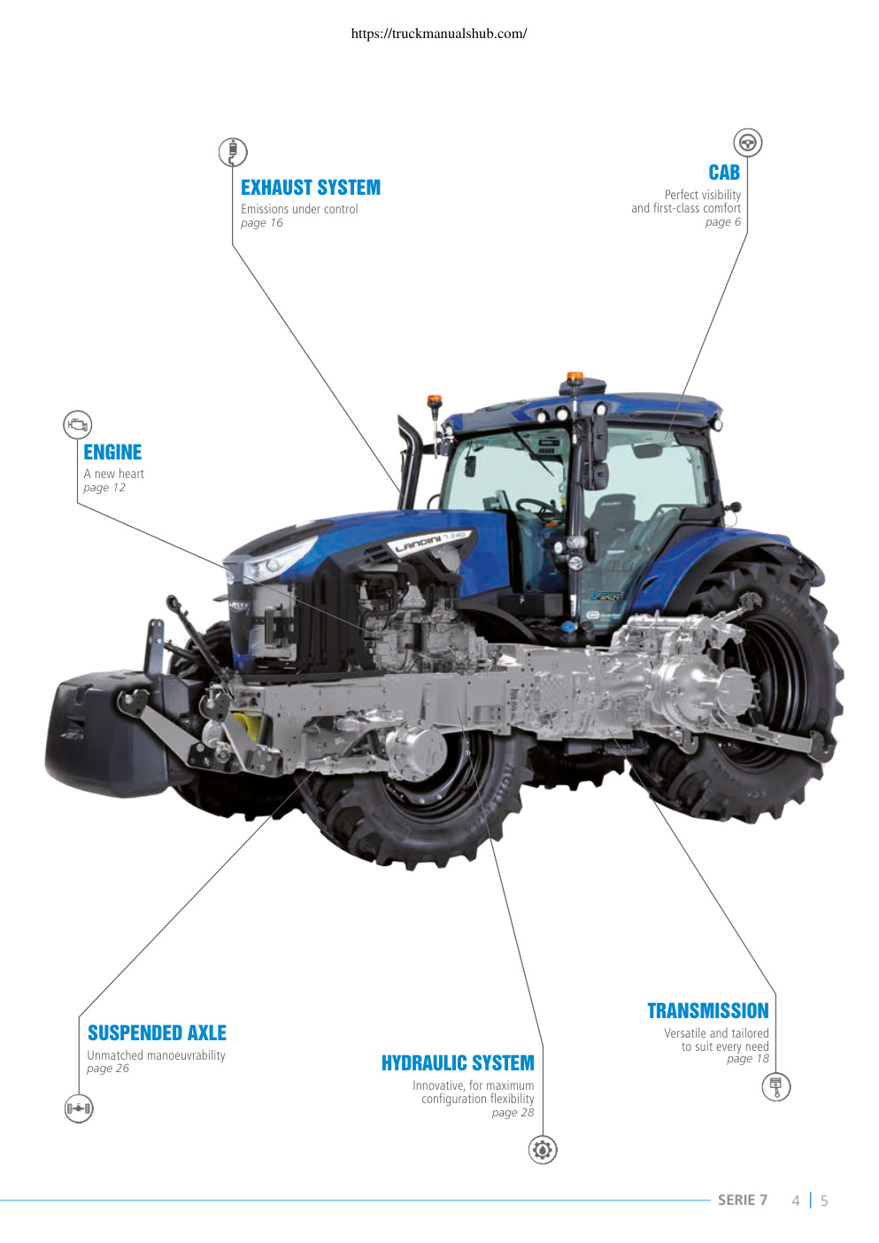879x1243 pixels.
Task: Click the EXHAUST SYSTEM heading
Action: [310, 188]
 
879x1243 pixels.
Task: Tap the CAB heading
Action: [724, 173]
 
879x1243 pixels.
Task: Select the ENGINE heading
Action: [112, 452]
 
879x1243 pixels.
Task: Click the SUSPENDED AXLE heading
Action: [157, 1032]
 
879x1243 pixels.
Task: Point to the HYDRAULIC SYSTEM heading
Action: [458, 1062]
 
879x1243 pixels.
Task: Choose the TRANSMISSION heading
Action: [708, 1010]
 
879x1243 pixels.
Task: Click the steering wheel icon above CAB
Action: [748, 143]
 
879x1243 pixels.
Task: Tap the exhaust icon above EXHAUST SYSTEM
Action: [233, 151]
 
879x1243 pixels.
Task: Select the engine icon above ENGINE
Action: [78, 425]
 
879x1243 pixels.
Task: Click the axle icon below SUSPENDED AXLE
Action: [79, 1108]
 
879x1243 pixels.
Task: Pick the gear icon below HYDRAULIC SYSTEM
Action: [543, 1150]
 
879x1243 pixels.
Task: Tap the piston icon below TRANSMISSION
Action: [776, 1086]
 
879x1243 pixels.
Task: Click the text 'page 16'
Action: [262, 223]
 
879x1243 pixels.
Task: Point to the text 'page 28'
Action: [513, 1113]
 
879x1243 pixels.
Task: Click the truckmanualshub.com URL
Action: [439, 34]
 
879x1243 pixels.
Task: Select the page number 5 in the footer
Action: [824, 1201]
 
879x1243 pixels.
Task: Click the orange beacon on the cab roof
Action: [575, 377]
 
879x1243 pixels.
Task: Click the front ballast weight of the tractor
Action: [105, 734]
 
